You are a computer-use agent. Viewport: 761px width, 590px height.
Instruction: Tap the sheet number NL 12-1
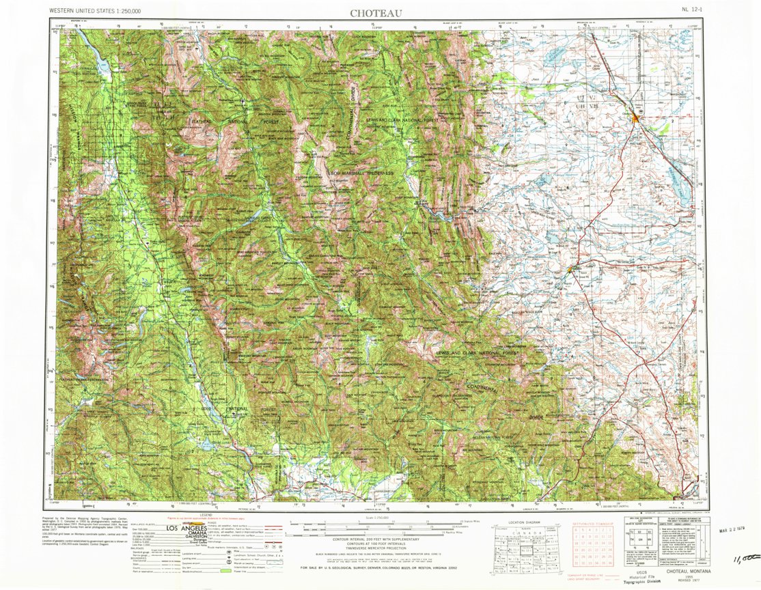click(692, 11)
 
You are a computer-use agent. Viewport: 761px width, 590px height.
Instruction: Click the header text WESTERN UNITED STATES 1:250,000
click(96, 12)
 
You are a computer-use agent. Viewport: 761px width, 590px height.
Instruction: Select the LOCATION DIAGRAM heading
click(521, 522)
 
